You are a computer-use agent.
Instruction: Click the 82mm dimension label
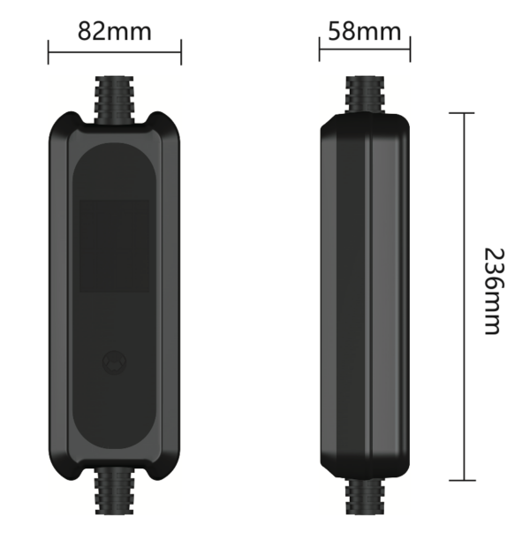tap(115, 31)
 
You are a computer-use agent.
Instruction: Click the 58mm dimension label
tap(365, 31)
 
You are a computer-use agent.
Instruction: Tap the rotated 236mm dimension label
tap(493, 292)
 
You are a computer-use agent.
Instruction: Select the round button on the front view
tap(114, 362)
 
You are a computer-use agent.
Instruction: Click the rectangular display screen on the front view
tap(114, 246)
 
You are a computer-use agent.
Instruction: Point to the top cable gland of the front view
tap(114, 99)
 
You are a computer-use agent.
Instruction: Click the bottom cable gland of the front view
tap(114, 491)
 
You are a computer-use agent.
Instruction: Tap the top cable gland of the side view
tap(365, 95)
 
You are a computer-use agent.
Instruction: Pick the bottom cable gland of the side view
tap(365, 496)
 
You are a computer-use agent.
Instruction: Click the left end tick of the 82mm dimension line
tap(49, 52)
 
